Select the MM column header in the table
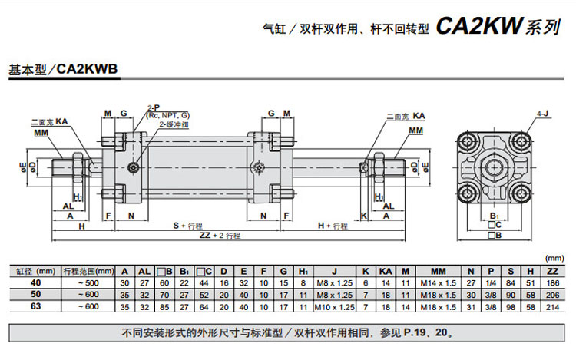click(439, 270)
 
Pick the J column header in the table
click(335, 270)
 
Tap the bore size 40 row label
click(34, 282)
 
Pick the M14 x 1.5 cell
click(439, 282)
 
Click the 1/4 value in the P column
click(489, 282)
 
